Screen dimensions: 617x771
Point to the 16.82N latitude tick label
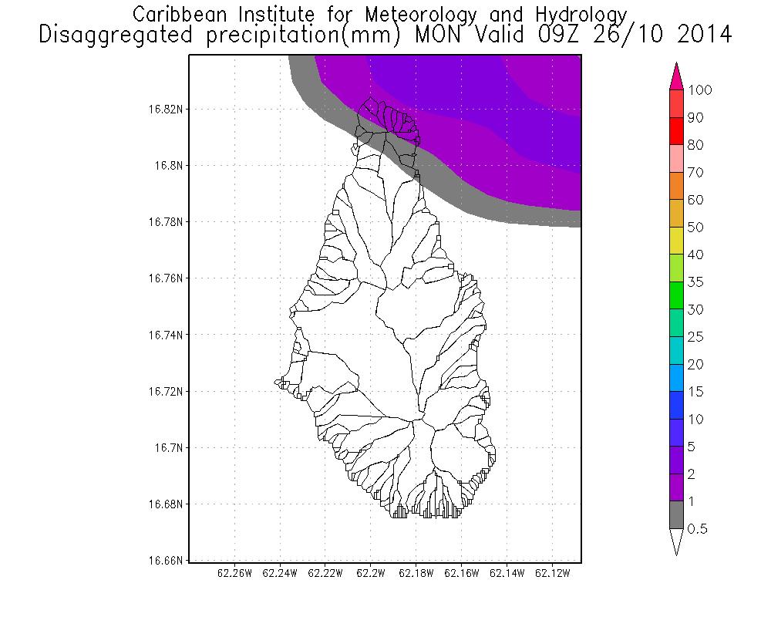pos(167,109)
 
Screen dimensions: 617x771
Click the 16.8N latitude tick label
pos(169,165)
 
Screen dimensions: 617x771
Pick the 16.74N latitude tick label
pos(167,335)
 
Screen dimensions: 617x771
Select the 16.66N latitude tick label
pos(167,561)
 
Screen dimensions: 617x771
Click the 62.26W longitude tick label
pos(234,574)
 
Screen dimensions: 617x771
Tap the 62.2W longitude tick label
pos(371,574)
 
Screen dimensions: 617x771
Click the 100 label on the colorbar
pos(700,90)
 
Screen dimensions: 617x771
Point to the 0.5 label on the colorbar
pos(699,529)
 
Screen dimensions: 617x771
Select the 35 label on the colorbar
pos(695,282)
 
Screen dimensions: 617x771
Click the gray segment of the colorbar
pos(676,515)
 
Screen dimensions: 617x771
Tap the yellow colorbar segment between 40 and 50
pos(676,241)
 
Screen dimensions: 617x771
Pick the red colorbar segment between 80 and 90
pos(676,131)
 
